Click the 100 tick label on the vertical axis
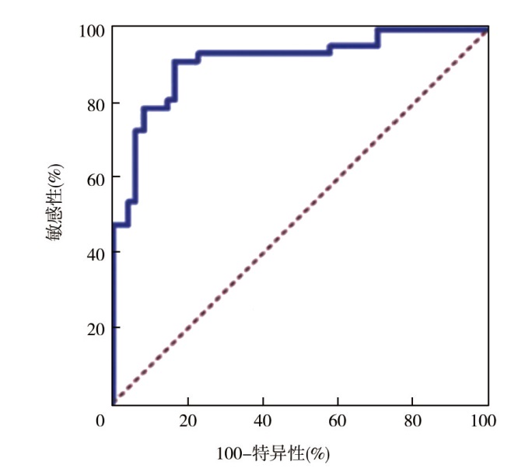click(x=92, y=30)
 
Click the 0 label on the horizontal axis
click(x=100, y=421)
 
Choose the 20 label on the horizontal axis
click(x=187, y=421)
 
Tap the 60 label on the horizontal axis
click(x=337, y=421)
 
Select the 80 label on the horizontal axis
click(x=411, y=421)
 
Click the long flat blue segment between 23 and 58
click(x=264, y=53)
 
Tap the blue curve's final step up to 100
click(x=377, y=37)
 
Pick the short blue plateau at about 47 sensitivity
click(x=121, y=225)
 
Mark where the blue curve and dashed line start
click(x=114, y=401)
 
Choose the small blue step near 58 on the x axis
click(x=331, y=49)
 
